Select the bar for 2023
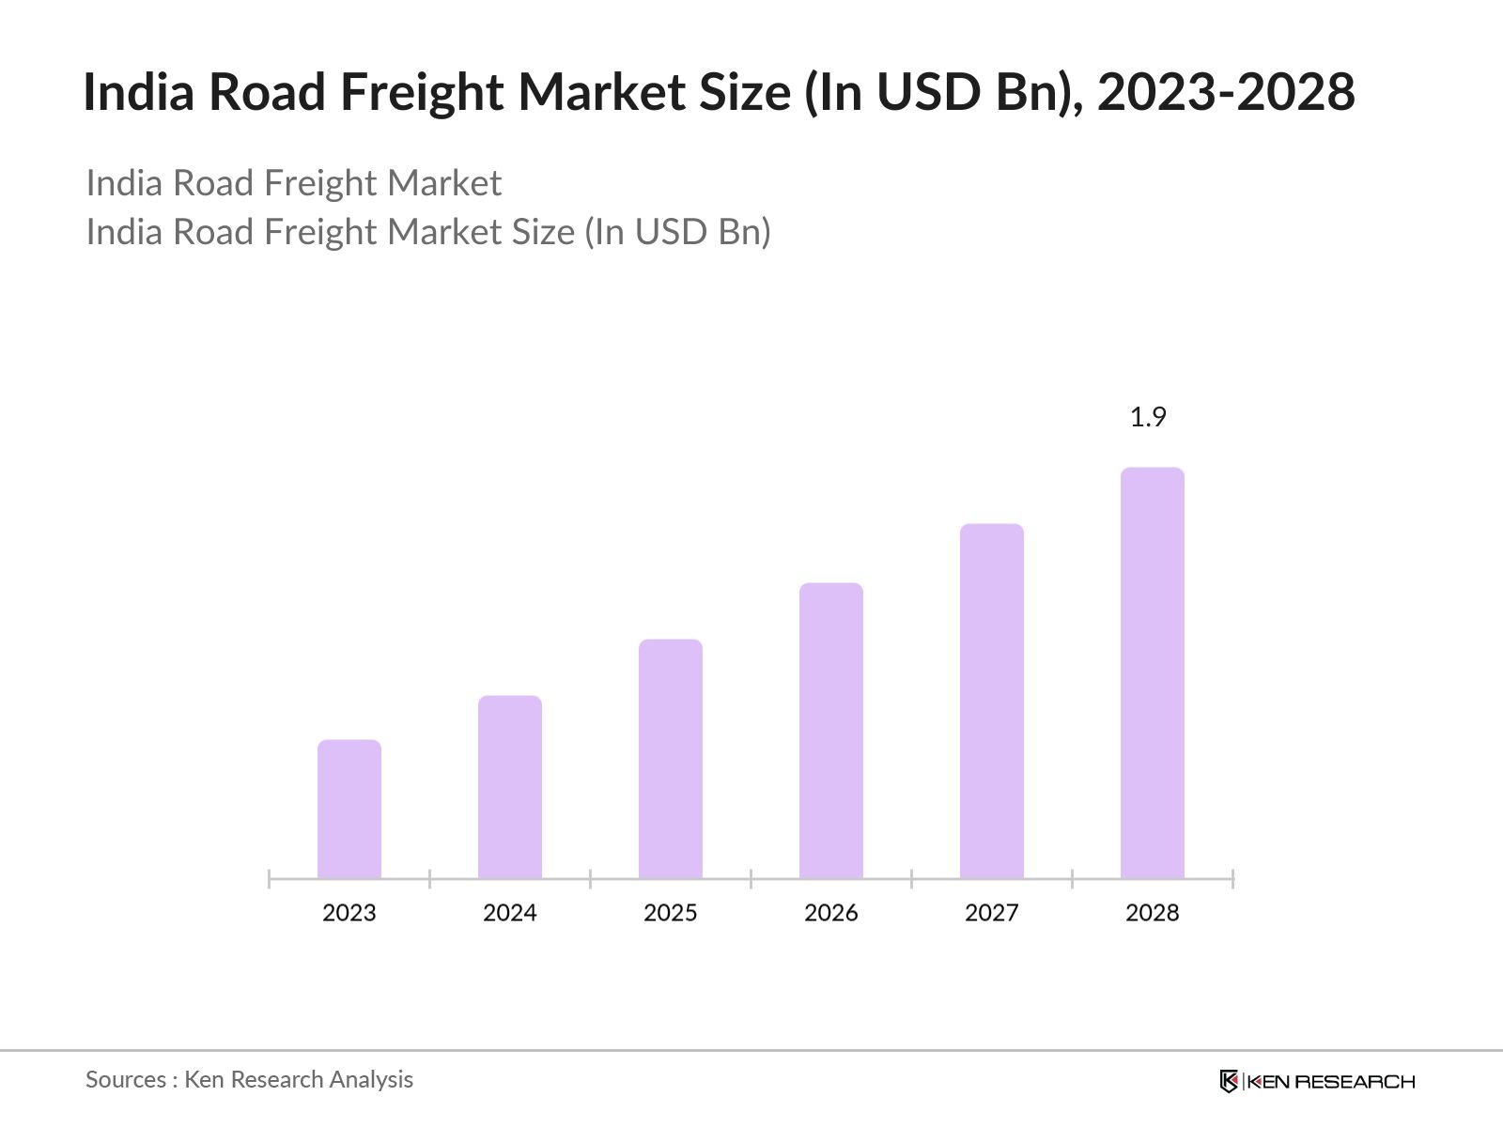(349, 809)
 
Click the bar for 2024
(510, 787)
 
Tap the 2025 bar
(671, 759)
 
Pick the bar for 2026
(831, 731)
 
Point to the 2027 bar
(992, 701)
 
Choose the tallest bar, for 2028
(1153, 672)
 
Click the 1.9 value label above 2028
(1148, 417)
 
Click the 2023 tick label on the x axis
(349, 913)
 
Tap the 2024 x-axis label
(510, 913)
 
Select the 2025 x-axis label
(671, 913)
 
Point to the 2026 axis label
(831, 913)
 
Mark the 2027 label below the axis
(992, 913)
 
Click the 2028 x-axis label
(1153, 913)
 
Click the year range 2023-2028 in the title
(1226, 92)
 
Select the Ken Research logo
(1317, 1081)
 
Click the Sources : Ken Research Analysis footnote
(250, 1079)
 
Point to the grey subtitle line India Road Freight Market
(294, 183)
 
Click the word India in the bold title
(139, 92)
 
